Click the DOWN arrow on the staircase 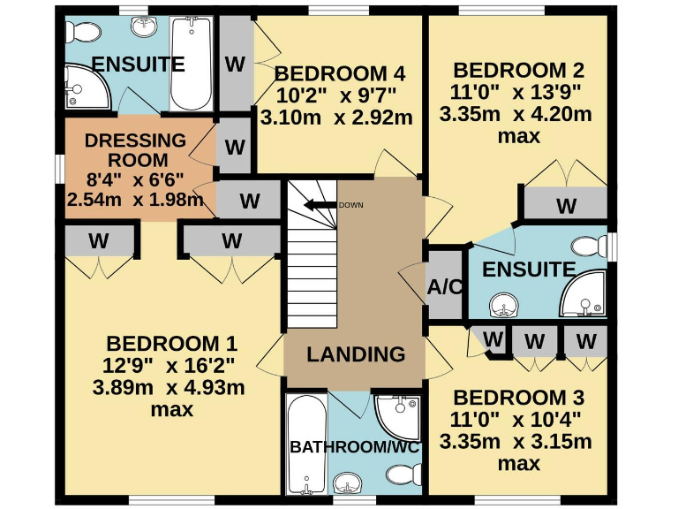tap(320, 205)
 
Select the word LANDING tap(356, 354)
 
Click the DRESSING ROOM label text tap(135, 150)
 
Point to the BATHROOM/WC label tap(355, 447)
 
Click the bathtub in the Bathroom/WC tap(305, 446)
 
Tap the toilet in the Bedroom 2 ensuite tap(589, 246)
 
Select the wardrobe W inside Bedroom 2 tap(565, 206)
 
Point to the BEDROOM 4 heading tap(332, 73)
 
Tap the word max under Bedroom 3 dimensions tap(518, 463)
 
